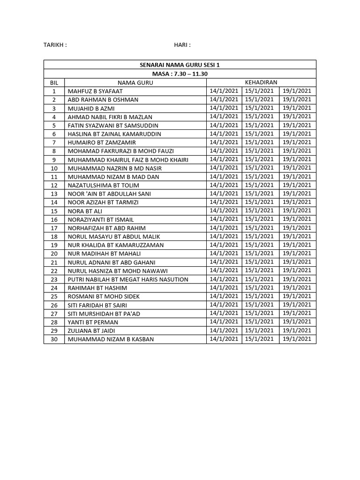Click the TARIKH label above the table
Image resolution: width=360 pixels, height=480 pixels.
(55, 45)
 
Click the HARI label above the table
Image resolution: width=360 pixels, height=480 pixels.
(182, 45)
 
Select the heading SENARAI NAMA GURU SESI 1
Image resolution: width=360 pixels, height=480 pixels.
(180, 65)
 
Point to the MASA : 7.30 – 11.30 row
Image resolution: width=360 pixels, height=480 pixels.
(180, 74)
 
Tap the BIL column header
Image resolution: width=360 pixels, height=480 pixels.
(54, 82)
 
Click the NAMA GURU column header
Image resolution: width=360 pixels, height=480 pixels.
(135, 82)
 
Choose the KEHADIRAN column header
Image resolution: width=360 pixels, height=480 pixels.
(261, 82)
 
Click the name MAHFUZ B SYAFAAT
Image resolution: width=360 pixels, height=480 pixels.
(92, 91)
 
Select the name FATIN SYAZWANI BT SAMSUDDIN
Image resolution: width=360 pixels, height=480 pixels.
(113, 125)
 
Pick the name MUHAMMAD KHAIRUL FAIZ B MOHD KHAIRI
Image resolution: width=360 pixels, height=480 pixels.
(128, 159)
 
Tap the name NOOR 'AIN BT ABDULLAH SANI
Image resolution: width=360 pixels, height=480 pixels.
(110, 194)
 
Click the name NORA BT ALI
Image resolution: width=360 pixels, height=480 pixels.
(85, 211)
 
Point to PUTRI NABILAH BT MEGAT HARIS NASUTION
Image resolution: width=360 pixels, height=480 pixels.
(128, 279)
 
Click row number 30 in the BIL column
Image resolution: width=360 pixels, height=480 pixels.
(54, 339)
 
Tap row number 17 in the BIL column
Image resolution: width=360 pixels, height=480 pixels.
(54, 228)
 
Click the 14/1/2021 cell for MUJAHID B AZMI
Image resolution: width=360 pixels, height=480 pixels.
(224, 108)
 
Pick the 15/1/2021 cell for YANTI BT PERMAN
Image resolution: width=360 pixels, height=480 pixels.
(260, 322)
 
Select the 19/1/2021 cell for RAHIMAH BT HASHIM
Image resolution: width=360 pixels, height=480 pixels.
(297, 287)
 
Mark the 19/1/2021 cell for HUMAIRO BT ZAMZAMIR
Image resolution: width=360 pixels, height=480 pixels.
(297, 142)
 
